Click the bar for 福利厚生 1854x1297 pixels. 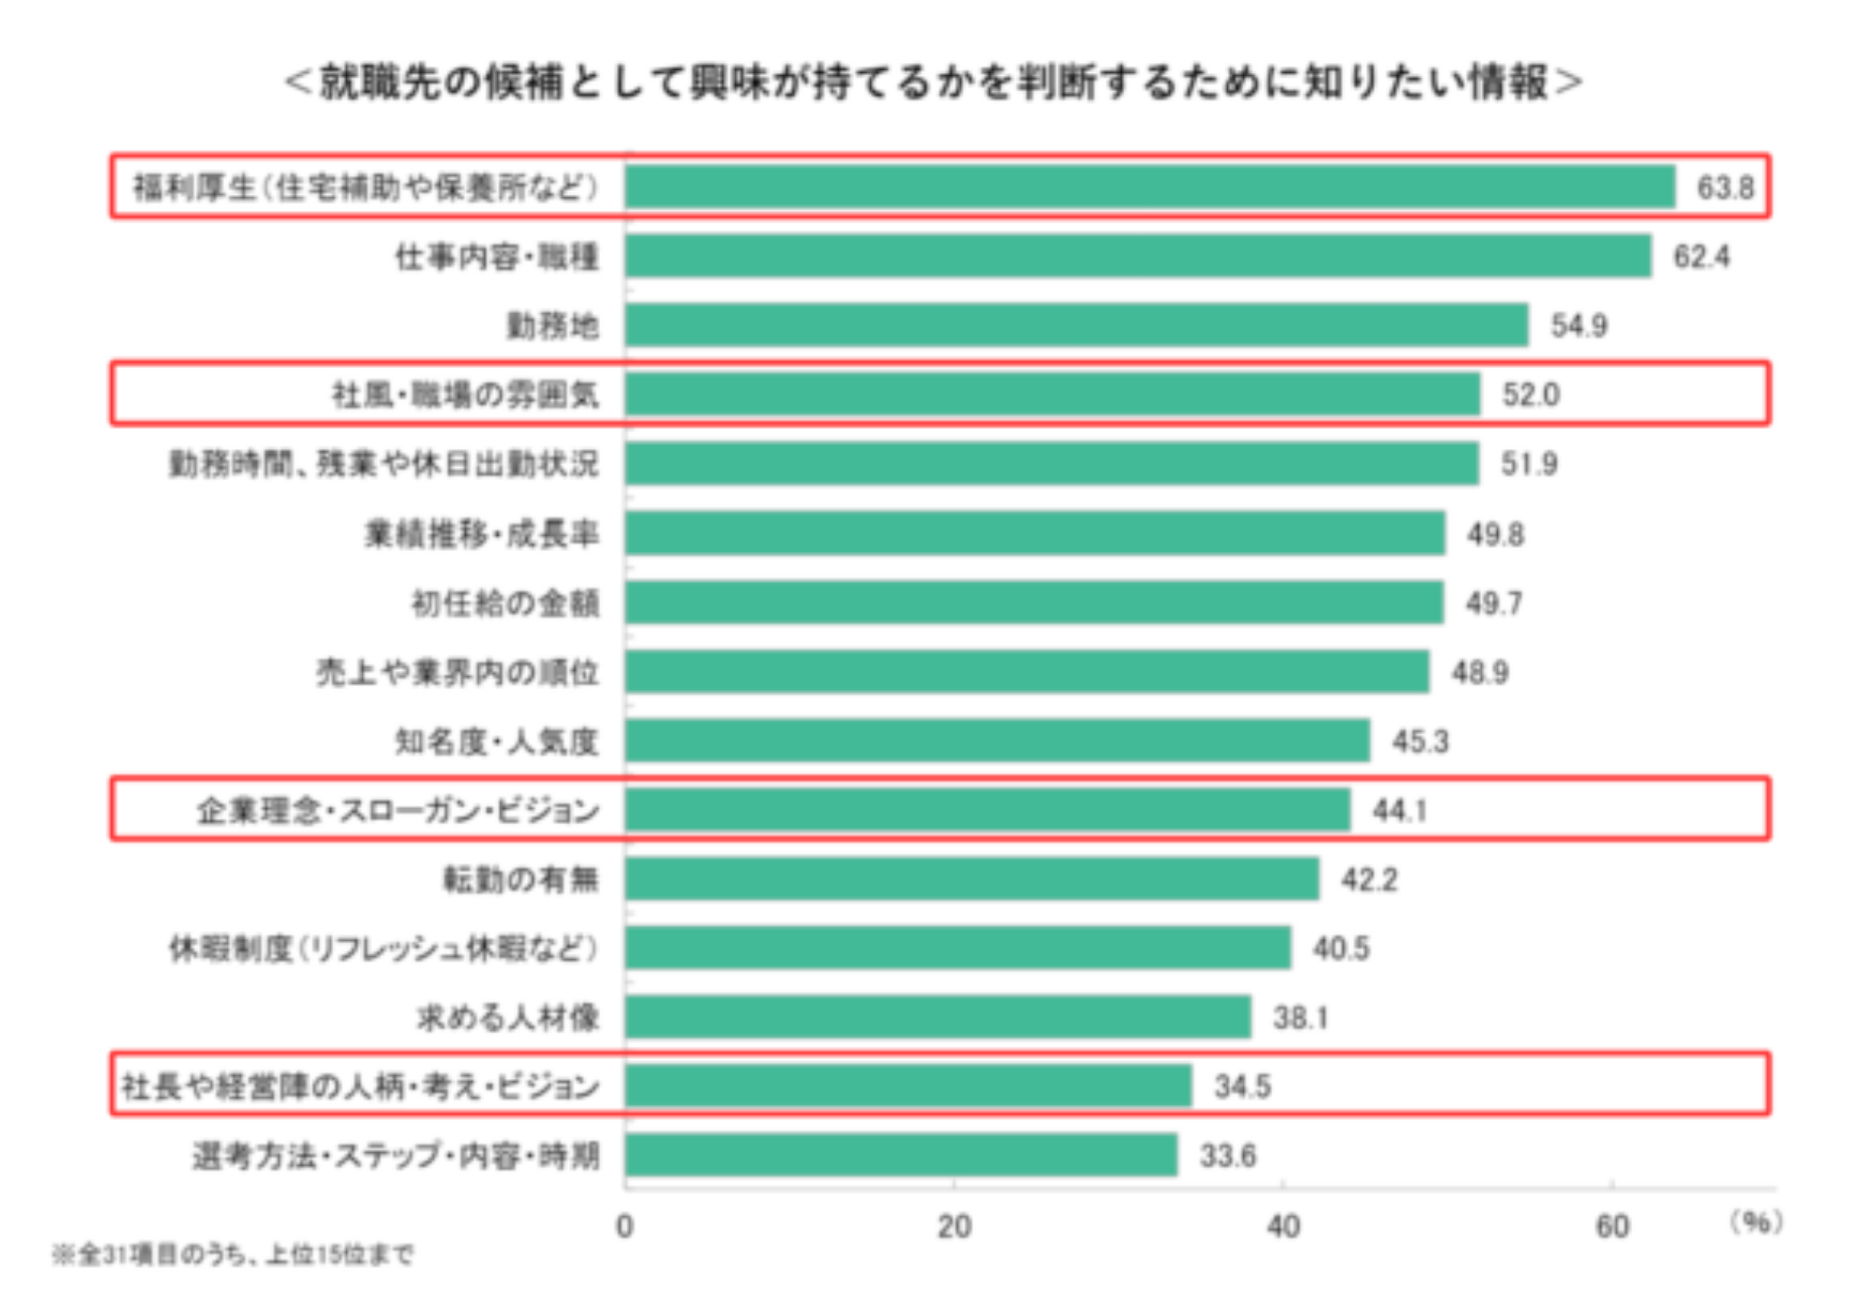(x=1150, y=186)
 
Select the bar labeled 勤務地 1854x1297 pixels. (x=1077, y=325)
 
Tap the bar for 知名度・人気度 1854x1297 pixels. (x=998, y=741)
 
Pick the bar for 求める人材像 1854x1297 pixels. (x=938, y=1017)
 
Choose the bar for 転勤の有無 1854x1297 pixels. (x=972, y=879)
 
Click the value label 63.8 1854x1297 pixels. (x=1725, y=187)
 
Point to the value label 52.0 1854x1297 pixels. (x=1530, y=394)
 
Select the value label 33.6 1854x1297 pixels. (x=1227, y=1156)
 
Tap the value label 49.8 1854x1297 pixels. (x=1496, y=534)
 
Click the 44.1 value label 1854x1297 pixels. (x=1400, y=809)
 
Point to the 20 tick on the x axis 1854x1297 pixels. (x=954, y=1226)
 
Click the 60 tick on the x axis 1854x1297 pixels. (x=1612, y=1226)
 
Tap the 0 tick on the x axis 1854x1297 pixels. (x=624, y=1226)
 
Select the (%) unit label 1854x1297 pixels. (x=1756, y=1223)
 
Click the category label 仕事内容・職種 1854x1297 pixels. (x=496, y=257)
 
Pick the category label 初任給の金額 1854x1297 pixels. (x=506, y=603)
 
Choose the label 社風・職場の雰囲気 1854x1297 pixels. (x=466, y=395)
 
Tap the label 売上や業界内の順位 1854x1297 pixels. (x=457, y=672)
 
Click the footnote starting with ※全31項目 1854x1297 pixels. (x=233, y=1254)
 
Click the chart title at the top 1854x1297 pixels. (x=933, y=82)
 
